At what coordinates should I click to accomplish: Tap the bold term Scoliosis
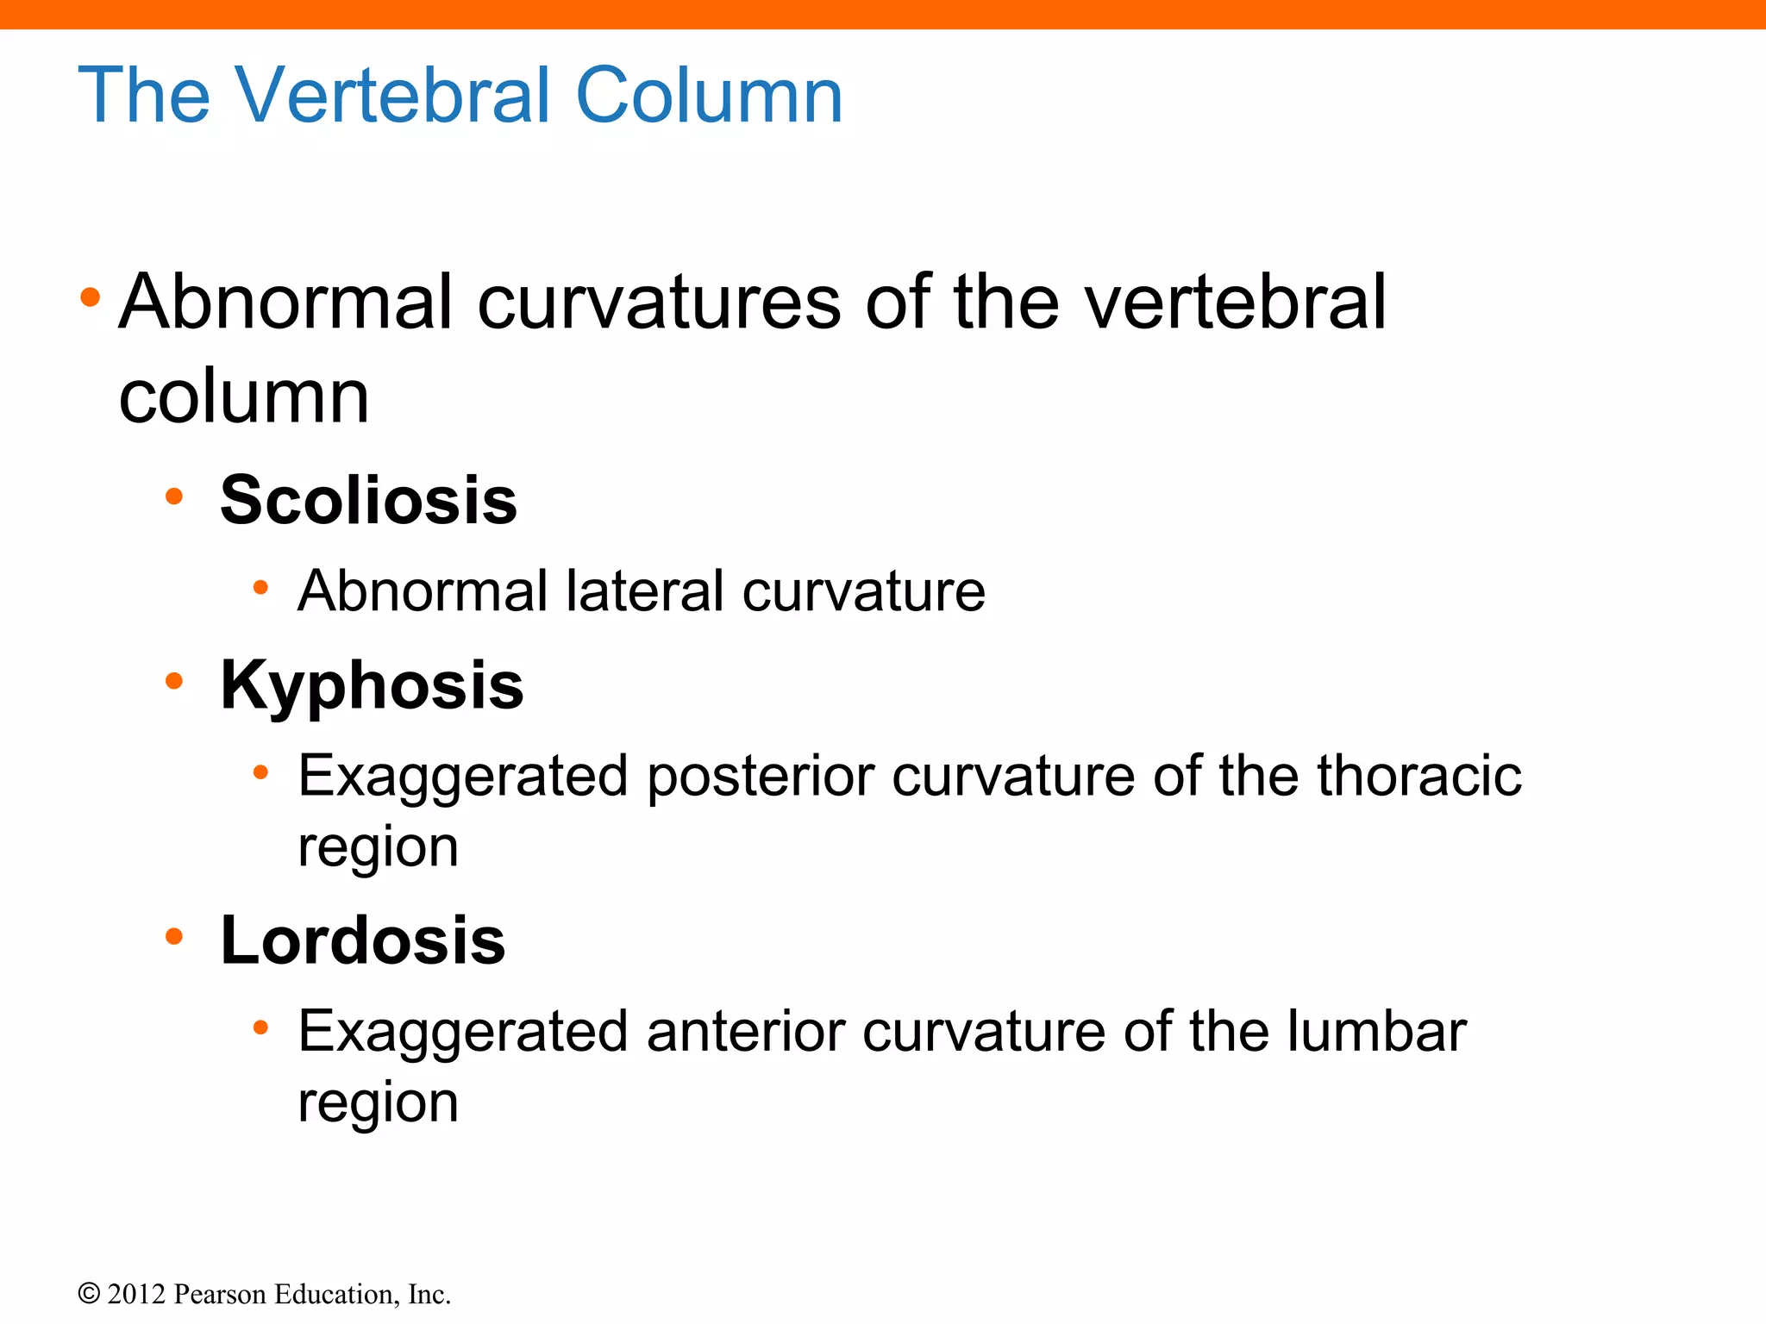[x=368, y=500]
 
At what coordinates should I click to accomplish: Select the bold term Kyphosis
[x=372, y=685]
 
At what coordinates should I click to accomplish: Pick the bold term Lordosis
[x=362, y=940]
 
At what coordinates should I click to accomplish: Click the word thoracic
[x=1418, y=776]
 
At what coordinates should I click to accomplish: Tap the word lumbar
[x=1376, y=1031]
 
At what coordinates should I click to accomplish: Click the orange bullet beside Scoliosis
[x=174, y=496]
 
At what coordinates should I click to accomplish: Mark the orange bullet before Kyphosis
[x=174, y=681]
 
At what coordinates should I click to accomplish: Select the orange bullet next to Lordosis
[x=174, y=936]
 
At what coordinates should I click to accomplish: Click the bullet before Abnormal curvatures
[x=90, y=298]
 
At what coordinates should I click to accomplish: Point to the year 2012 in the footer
[x=136, y=1294]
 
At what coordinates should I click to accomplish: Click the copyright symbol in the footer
[x=89, y=1294]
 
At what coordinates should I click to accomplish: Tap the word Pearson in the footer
[x=220, y=1294]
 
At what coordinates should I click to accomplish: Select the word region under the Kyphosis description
[x=378, y=848]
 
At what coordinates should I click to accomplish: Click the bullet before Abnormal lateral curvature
[x=260, y=588]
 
